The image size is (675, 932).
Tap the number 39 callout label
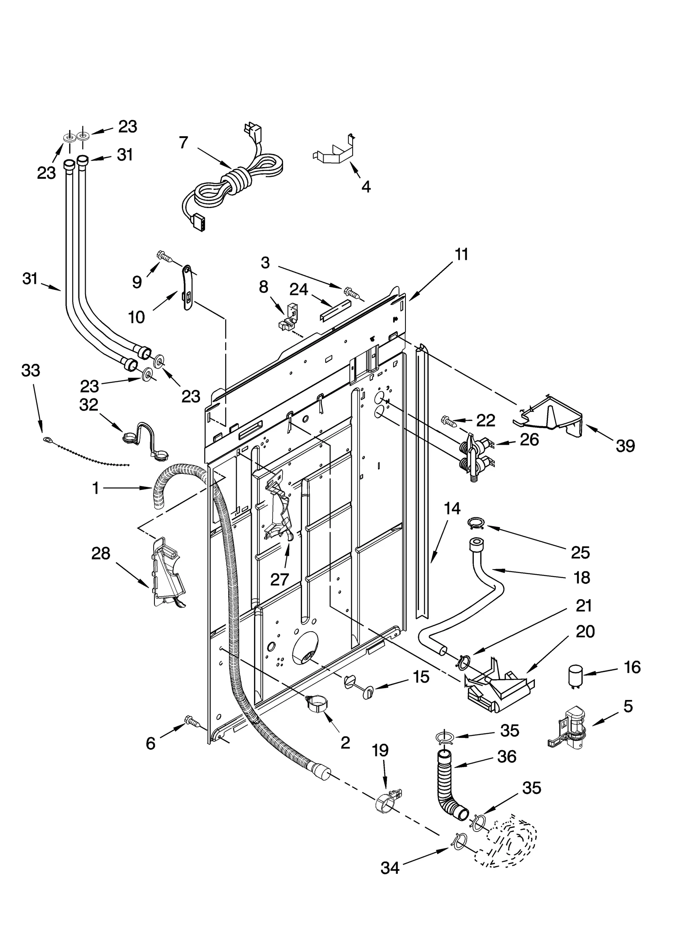click(x=625, y=446)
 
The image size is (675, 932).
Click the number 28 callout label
click(x=100, y=553)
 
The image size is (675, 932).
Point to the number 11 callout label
click(x=462, y=255)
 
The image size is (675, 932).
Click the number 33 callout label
click(x=30, y=370)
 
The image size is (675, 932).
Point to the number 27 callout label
click(x=279, y=580)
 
